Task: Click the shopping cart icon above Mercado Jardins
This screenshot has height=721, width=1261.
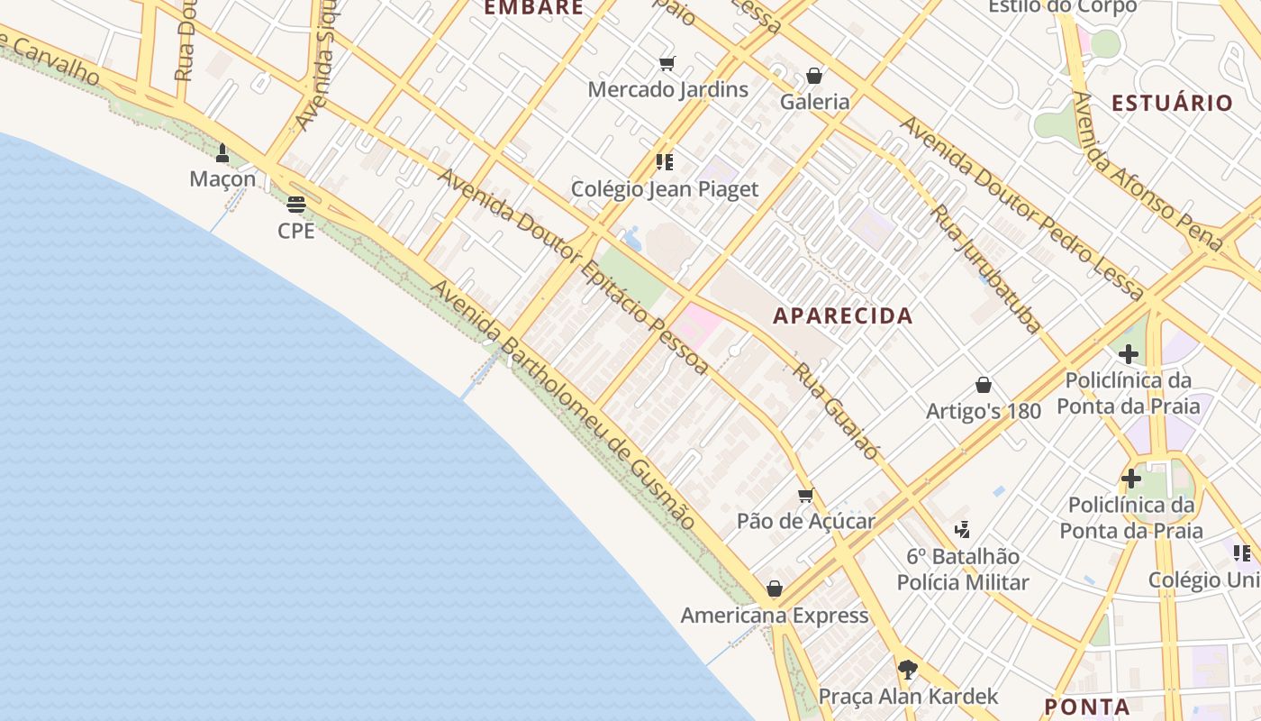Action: (667, 63)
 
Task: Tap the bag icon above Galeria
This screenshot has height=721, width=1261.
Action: (814, 76)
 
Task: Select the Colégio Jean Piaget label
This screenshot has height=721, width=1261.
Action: (665, 189)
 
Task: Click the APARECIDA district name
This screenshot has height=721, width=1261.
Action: (843, 315)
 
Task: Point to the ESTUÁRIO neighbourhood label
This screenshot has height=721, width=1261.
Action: (1171, 103)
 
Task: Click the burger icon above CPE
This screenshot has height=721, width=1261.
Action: (296, 205)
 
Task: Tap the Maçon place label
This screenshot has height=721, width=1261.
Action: (222, 179)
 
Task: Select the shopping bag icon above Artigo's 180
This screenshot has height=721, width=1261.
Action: (984, 386)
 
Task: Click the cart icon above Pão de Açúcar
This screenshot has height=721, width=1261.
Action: (806, 495)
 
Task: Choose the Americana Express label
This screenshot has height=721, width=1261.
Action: (775, 616)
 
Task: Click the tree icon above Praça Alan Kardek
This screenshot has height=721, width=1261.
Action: (907, 670)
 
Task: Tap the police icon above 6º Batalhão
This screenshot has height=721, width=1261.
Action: (962, 530)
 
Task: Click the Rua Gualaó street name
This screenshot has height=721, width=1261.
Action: (835, 413)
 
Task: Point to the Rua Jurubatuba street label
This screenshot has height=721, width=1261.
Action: (986, 269)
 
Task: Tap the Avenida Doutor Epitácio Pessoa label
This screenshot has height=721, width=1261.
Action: (573, 270)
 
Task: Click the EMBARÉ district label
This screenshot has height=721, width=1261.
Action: (534, 8)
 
